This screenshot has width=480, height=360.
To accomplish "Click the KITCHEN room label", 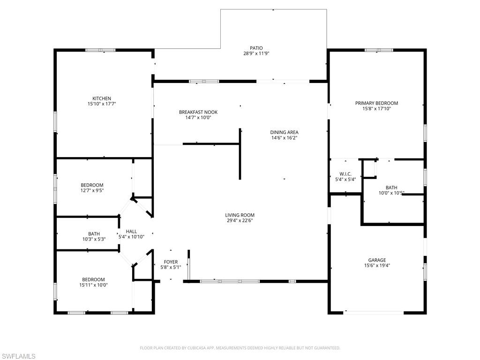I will click(x=101, y=98).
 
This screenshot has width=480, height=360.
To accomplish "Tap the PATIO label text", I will click(x=256, y=48).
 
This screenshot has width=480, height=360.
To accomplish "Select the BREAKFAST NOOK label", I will click(x=198, y=112).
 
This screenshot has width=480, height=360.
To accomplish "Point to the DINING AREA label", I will click(x=284, y=132).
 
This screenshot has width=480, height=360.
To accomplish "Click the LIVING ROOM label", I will click(x=240, y=215).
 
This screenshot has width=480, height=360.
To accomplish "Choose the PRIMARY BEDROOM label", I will click(x=376, y=103).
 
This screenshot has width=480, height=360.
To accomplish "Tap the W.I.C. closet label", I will click(x=345, y=173).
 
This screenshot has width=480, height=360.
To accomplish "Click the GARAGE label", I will click(x=377, y=260).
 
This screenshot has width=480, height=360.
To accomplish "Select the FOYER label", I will click(x=171, y=262).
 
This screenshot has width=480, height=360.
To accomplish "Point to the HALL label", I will click(x=131, y=231).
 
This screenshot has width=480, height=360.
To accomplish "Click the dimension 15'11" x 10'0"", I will click(x=94, y=285).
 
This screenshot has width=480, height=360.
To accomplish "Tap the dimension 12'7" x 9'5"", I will click(x=92, y=191).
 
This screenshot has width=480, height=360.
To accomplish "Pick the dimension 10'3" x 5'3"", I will click(x=94, y=239).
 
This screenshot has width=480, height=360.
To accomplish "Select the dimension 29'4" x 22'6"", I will click(x=240, y=221).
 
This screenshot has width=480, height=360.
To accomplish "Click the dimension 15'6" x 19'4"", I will click(x=377, y=265).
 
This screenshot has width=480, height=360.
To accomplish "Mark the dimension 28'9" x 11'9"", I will click(x=256, y=53).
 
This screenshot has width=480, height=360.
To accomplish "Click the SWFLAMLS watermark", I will click(x=18, y=356).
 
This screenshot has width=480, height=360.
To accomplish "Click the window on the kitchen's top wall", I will click(x=100, y=50).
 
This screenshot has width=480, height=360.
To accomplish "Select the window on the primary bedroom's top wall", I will click(x=379, y=50).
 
